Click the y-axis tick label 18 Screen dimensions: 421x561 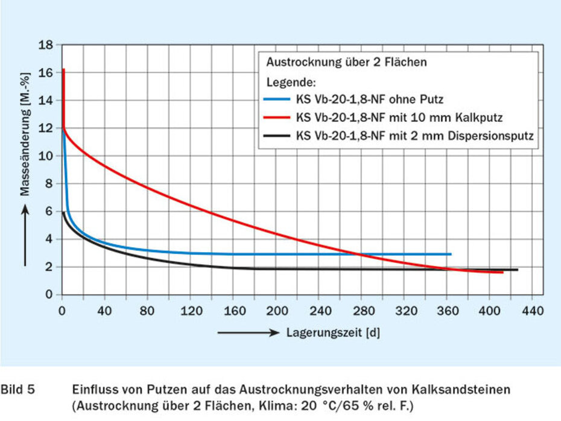pyautogui.click(x=46, y=45)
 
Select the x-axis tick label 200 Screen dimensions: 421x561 pyautogui.click(x=275, y=311)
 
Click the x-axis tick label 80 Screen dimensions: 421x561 pyautogui.click(x=147, y=311)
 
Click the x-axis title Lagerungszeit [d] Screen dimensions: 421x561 pyautogui.click(x=333, y=332)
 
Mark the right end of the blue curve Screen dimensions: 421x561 pyautogui.click(x=451, y=254)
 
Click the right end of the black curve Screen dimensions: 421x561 pyautogui.click(x=517, y=270)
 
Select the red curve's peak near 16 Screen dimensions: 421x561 pyautogui.click(x=63, y=70)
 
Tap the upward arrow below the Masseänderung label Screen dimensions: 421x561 pyautogui.click(x=25, y=235)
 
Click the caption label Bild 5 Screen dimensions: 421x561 pyautogui.click(x=17, y=390)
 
